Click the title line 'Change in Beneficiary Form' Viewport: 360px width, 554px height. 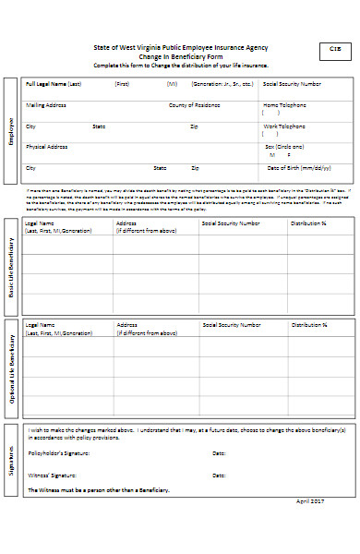point(182,56)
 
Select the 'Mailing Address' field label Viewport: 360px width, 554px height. point(46,104)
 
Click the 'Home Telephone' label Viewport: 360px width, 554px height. point(284,104)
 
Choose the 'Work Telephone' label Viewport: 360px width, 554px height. point(284,126)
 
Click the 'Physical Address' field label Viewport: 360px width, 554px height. point(47,146)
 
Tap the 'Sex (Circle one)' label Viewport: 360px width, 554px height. point(285,146)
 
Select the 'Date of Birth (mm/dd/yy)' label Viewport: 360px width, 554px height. point(298,167)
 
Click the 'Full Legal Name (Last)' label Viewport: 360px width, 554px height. point(54,84)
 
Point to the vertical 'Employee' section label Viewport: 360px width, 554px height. point(11,131)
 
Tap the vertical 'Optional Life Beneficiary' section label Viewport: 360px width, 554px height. point(11,367)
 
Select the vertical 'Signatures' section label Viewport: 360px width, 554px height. point(11,458)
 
